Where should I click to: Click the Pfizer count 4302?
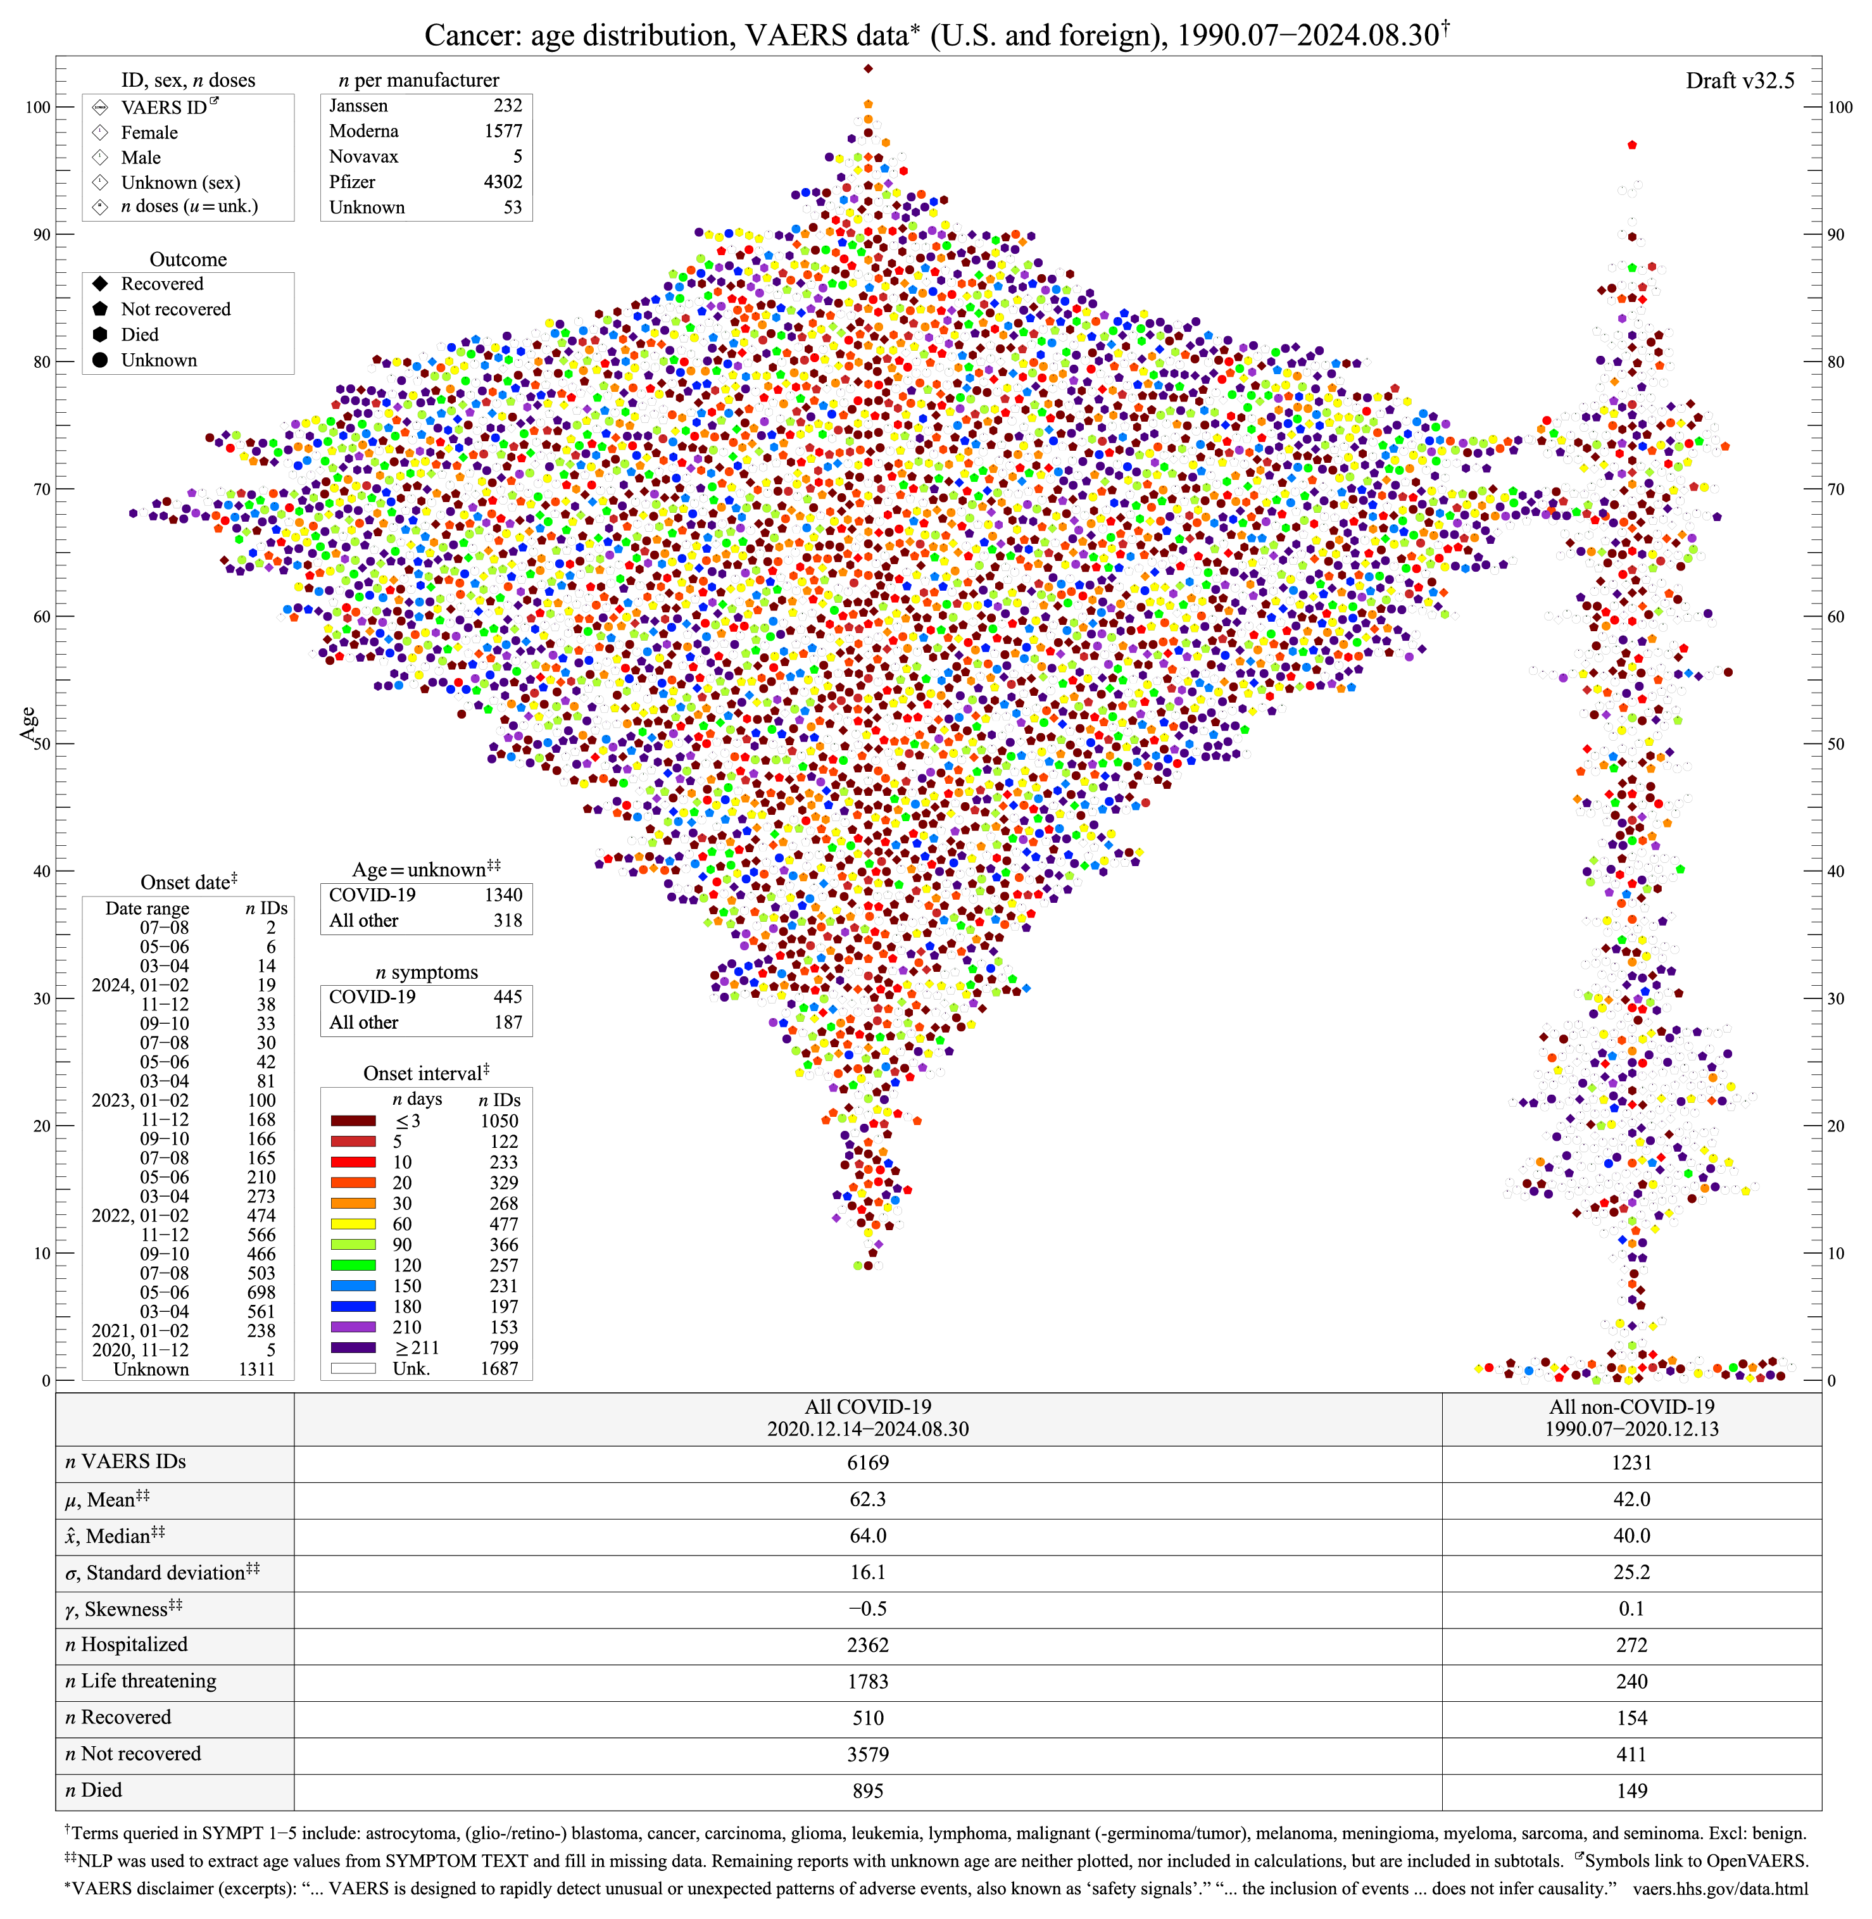point(503,182)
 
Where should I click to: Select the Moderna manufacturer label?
point(364,131)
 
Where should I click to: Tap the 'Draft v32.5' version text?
point(1739,80)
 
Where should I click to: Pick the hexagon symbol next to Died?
point(100,335)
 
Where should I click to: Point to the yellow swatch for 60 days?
point(353,1224)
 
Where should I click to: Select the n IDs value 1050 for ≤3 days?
point(499,1121)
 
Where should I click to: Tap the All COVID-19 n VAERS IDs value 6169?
point(867,1463)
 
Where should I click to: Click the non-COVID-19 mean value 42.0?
point(1631,1499)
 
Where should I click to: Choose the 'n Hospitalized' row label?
point(126,1645)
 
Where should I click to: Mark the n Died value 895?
point(867,1791)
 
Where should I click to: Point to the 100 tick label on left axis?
point(37,107)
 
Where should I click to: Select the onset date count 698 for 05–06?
point(261,1293)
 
